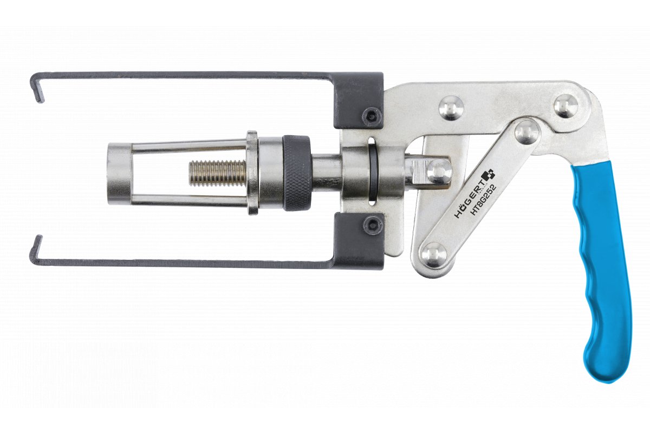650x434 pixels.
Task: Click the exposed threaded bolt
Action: tap(218, 173)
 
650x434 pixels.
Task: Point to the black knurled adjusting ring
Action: tap(297, 173)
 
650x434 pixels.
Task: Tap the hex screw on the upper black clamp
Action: tap(372, 115)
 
